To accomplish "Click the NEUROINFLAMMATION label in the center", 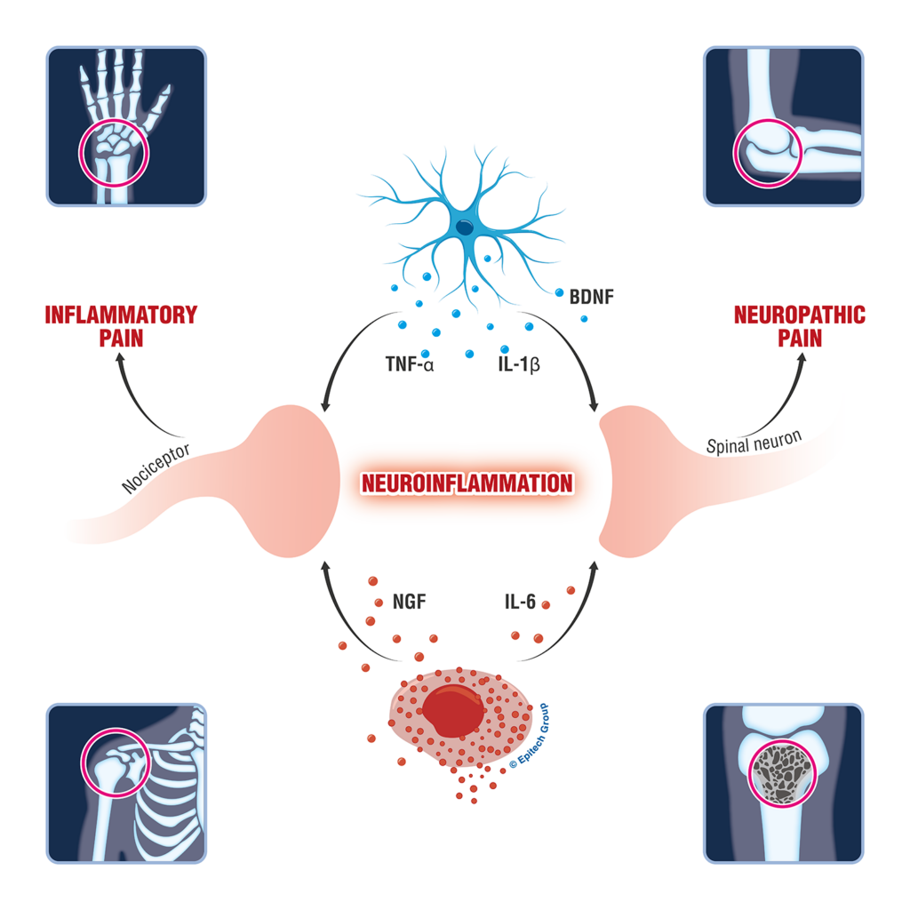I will [x=467, y=483].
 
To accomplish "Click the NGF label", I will [x=409, y=602].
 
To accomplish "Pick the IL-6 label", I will [x=517, y=602].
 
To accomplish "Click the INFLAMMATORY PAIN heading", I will [x=121, y=326].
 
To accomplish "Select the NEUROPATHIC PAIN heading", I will [x=786, y=326].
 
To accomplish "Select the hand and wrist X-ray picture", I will [x=126, y=126].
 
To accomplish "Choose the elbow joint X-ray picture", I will [x=783, y=126].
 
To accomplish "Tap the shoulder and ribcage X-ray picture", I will [x=126, y=783].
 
